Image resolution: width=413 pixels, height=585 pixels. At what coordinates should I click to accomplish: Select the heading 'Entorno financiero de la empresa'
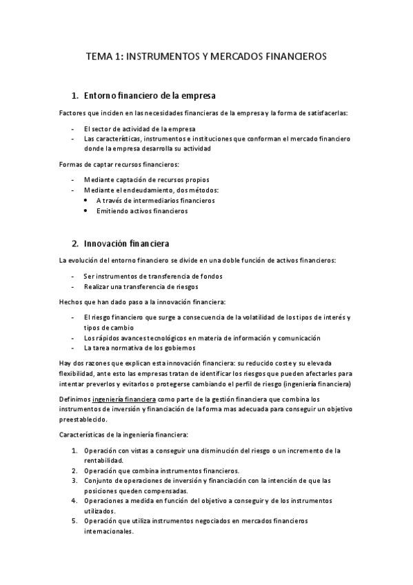click(x=152, y=95)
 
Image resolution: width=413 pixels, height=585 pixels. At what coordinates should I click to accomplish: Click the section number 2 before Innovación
click(x=75, y=244)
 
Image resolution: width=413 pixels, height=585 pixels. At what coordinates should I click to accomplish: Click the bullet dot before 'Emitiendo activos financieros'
click(x=85, y=212)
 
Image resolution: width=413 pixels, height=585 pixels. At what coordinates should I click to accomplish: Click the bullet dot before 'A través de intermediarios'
click(x=85, y=201)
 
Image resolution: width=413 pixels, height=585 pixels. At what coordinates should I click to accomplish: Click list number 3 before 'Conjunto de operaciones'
click(x=74, y=480)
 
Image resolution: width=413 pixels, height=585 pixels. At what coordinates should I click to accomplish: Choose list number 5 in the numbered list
click(x=74, y=522)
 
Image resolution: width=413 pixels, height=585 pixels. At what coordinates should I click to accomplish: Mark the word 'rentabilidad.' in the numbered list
click(x=104, y=460)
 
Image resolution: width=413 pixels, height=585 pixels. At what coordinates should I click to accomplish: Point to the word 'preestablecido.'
click(x=83, y=419)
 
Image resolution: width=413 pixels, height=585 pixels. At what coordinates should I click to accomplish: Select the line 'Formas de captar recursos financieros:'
click(x=119, y=164)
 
